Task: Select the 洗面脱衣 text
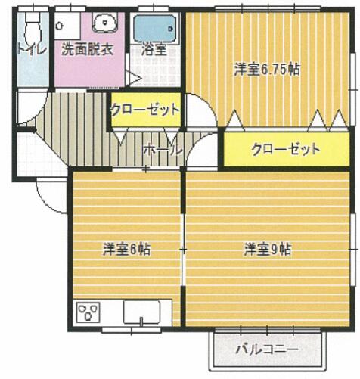point(87,50)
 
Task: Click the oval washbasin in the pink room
point(107,22)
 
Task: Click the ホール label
point(163,150)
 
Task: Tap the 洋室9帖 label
point(268,249)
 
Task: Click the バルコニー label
point(265,349)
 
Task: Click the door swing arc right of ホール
point(201,155)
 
